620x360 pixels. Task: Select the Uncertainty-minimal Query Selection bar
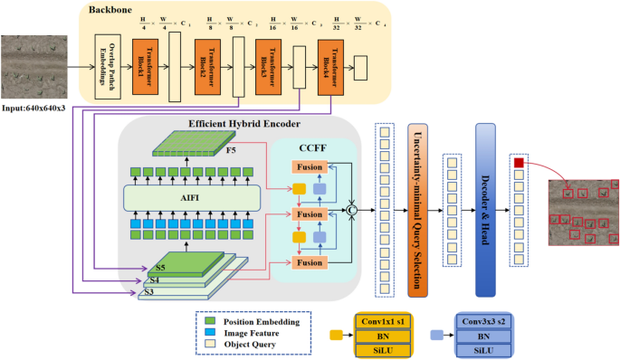(x=418, y=210)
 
